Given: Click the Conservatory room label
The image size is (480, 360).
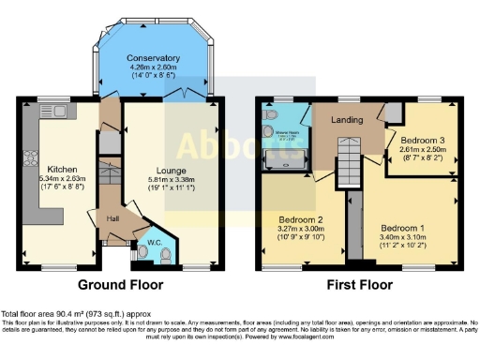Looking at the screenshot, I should point(154,57).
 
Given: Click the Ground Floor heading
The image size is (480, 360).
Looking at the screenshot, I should point(120,284).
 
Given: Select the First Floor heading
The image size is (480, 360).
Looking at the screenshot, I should point(360,284).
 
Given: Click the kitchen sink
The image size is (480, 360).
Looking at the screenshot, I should point(50,112).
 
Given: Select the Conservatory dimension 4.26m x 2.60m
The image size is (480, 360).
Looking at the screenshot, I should point(154,67).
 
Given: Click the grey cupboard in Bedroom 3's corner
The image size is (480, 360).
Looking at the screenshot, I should point(395,112).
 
